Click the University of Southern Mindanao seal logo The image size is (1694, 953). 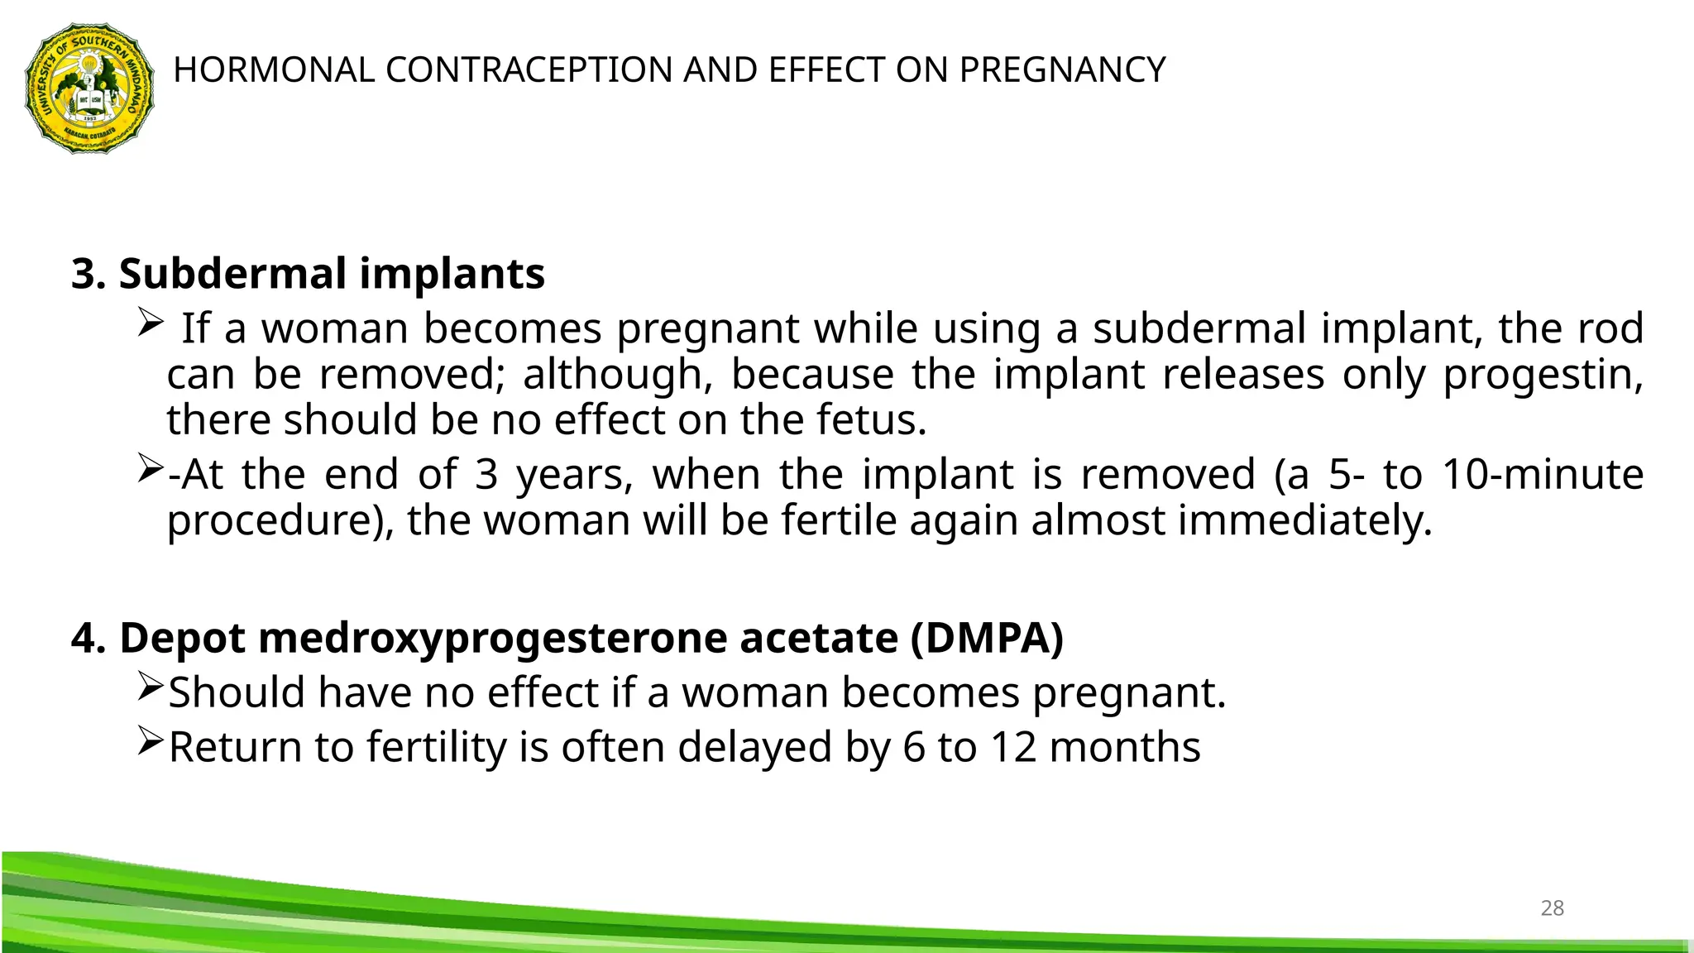89,88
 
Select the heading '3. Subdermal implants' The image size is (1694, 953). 308,274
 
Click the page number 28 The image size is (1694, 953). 1552,908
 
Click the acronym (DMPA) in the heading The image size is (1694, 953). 987,639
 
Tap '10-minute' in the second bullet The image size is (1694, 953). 1543,475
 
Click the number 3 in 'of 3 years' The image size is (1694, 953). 486,475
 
